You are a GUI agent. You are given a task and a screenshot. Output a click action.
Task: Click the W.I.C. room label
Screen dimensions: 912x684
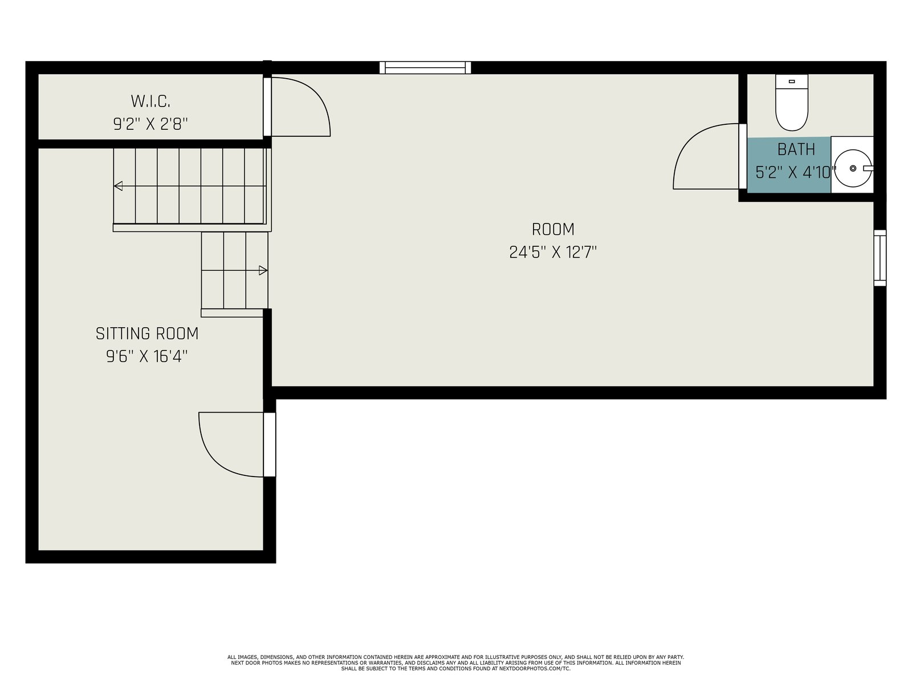(150, 101)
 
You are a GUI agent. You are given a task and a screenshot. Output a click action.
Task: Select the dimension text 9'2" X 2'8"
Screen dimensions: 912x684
(150, 124)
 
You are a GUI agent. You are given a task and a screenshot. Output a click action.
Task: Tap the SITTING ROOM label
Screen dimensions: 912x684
(147, 333)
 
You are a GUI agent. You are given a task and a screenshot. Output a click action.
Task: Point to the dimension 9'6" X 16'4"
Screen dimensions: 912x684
(147, 356)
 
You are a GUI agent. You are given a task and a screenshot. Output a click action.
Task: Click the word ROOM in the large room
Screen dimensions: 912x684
(553, 229)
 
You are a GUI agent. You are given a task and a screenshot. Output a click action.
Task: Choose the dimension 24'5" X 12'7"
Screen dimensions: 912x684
(553, 252)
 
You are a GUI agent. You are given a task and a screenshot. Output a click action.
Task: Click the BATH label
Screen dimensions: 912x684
(796, 149)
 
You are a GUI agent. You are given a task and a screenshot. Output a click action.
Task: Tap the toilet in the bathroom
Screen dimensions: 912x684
(792, 103)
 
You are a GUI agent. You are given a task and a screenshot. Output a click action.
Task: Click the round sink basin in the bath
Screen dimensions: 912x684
(853, 168)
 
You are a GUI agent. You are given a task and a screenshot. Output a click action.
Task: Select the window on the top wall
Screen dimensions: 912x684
(425, 68)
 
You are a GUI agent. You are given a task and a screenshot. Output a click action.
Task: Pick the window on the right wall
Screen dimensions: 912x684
(880, 258)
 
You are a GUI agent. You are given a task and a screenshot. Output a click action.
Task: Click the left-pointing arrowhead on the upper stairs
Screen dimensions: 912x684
(118, 186)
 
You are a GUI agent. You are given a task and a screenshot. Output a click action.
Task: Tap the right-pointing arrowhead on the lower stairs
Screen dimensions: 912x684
(263, 270)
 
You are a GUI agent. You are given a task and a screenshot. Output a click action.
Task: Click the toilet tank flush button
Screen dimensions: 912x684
(792, 82)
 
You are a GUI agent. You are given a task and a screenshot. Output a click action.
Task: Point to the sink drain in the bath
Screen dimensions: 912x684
(853, 168)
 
